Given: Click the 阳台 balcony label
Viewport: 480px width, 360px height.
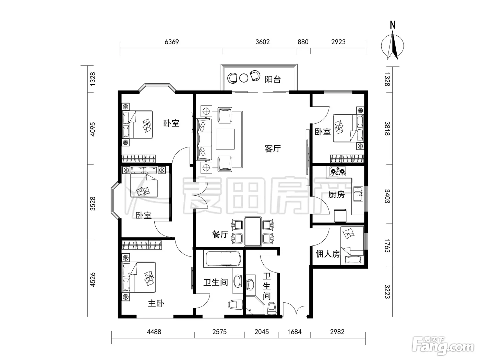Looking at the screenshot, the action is pyautogui.click(x=273, y=79).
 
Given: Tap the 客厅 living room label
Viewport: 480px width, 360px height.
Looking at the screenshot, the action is pyautogui.click(x=273, y=149).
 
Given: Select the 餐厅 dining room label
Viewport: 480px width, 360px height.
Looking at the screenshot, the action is pyautogui.click(x=220, y=234).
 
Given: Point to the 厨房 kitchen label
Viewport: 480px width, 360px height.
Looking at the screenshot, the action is pyautogui.click(x=336, y=194).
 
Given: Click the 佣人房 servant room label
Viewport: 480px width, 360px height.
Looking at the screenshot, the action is pyautogui.click(x=327, y=254).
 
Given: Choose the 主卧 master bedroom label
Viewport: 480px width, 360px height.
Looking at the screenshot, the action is pyautogui.click(x=156, y=303).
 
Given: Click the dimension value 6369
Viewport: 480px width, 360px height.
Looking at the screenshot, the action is pyautogui.click(x=172, y=42).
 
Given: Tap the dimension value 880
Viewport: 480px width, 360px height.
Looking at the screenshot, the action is pyautogui.click(x=303, y=42).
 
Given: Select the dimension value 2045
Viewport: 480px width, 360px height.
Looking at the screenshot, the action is pyautogui.click(x=262, y=332).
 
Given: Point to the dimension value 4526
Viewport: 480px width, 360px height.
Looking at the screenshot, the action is pyautogui.click(x=93, y=279).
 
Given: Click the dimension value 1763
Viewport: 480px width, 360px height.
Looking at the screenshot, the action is pyautogui.click(x=387, y=246).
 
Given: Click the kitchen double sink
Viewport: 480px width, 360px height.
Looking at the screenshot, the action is pyautogui.click(x=358, y=194).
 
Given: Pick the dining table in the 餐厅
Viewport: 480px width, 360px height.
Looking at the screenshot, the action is pyautogui.click(x=253, y=231).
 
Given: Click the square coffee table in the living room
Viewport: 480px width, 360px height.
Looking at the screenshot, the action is pyautogui.click(x=225, y=139).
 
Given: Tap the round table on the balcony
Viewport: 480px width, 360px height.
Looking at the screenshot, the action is pyautogui.click(x=244, y=78).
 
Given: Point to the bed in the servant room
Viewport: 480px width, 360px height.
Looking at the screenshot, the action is pyautogui.click(x=352, y=245).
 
